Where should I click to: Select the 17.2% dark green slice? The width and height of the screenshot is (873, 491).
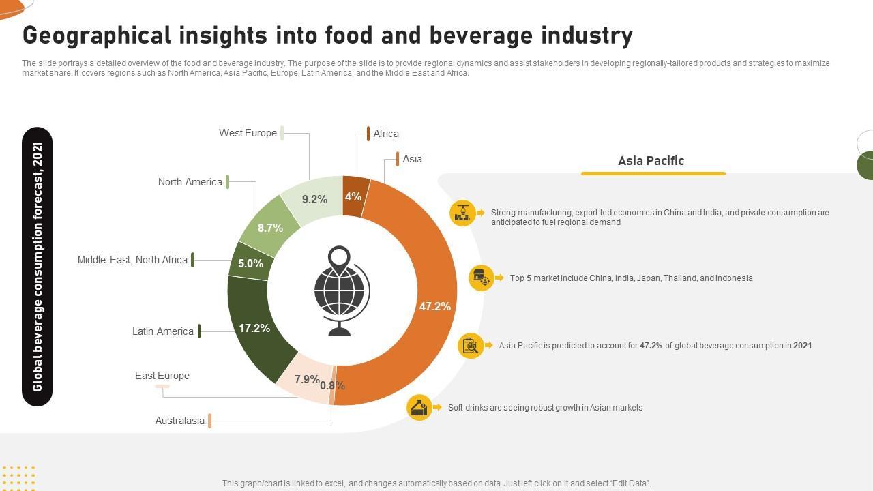(254, 329)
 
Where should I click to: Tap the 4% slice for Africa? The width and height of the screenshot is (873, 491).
(354, 196)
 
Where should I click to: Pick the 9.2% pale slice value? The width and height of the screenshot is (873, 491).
(314, 199)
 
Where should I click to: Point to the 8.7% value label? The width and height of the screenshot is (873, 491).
(270, 228)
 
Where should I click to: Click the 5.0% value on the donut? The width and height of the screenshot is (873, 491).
(250, 263)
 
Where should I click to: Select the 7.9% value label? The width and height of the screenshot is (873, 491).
(307, 379)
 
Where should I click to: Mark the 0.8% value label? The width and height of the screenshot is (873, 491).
(332, 385)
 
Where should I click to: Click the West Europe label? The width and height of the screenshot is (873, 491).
(248, 133)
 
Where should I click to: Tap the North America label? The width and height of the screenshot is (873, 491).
(190, 182)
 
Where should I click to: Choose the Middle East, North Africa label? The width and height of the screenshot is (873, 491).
(132, 260)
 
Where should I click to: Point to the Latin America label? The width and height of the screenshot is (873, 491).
(162, 331)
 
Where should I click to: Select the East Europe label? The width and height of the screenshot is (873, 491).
(162, 376)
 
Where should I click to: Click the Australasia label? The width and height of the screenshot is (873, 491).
(179, 421)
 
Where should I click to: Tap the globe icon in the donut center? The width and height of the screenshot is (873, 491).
(341, 291)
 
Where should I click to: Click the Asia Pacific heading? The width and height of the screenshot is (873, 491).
(651, 161)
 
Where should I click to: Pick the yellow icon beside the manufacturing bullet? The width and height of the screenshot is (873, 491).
(462, 213)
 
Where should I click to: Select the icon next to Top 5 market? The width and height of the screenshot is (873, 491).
(482, 278)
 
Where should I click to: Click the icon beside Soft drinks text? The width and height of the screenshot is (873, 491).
(419, 408)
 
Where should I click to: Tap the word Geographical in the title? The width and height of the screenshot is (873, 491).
(95, 35)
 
